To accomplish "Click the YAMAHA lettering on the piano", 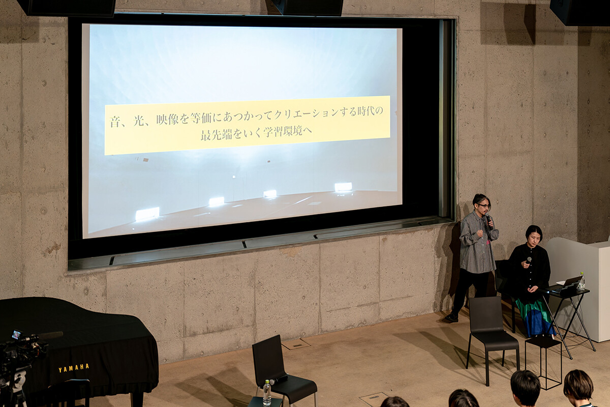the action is click(x=74, y=368).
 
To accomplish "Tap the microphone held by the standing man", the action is click(x=489, y=221).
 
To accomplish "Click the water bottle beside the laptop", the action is click(x=582, y=281).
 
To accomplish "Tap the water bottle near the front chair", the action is click(x=267, y=392).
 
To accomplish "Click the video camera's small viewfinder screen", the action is click(x=17, y=334).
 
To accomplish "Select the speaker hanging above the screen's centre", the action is click(x=308, y=7).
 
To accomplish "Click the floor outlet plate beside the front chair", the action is click(x=296, y=344).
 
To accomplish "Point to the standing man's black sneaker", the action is click(x=451, y=317).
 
